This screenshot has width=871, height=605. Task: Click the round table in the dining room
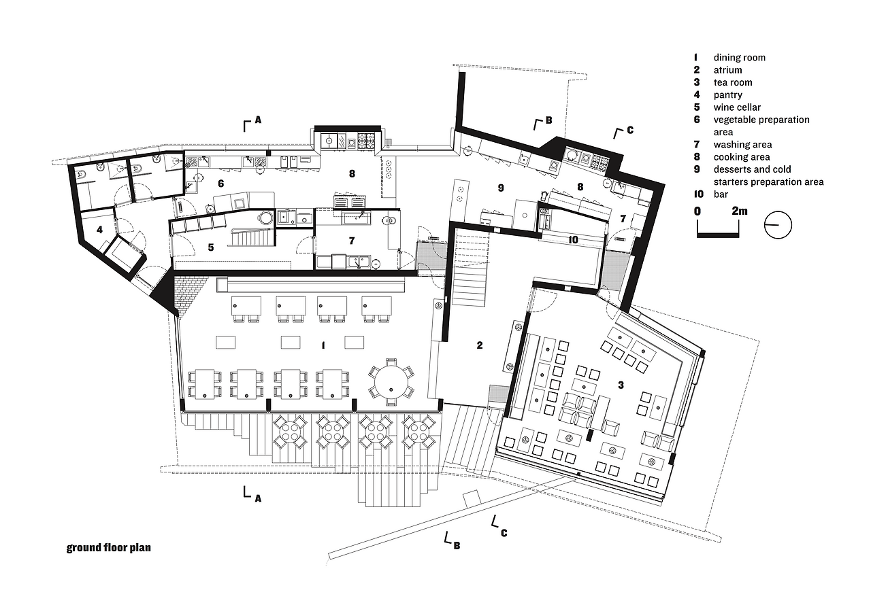point(391,382)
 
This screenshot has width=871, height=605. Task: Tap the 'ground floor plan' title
point(108,547)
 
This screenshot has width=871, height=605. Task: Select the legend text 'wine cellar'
point(737,107)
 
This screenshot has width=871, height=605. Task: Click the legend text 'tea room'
point(733,82)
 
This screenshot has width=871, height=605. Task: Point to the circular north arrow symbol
point(778,225)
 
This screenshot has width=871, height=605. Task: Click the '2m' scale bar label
point(739,211)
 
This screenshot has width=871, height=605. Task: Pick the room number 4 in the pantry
point(99,230)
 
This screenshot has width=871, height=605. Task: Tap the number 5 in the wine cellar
point(211,247)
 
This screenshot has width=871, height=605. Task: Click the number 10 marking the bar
point(572,239)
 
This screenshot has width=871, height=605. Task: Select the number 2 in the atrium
point(480,346)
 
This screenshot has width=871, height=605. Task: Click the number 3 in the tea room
point(621,385)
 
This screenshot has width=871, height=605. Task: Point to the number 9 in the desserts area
point(500,188)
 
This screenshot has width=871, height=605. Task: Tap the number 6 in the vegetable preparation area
point(220,184)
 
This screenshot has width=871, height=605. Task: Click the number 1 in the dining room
point(323,346)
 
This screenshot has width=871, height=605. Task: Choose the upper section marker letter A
point(258,120)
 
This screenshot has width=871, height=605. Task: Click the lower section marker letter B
point(457,545)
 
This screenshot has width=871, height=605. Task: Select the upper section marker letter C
point(629,130)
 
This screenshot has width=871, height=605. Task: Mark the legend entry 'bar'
point(721,194)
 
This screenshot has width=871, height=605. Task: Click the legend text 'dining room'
point(739,58)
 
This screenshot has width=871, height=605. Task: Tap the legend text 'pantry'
point(727,95)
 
